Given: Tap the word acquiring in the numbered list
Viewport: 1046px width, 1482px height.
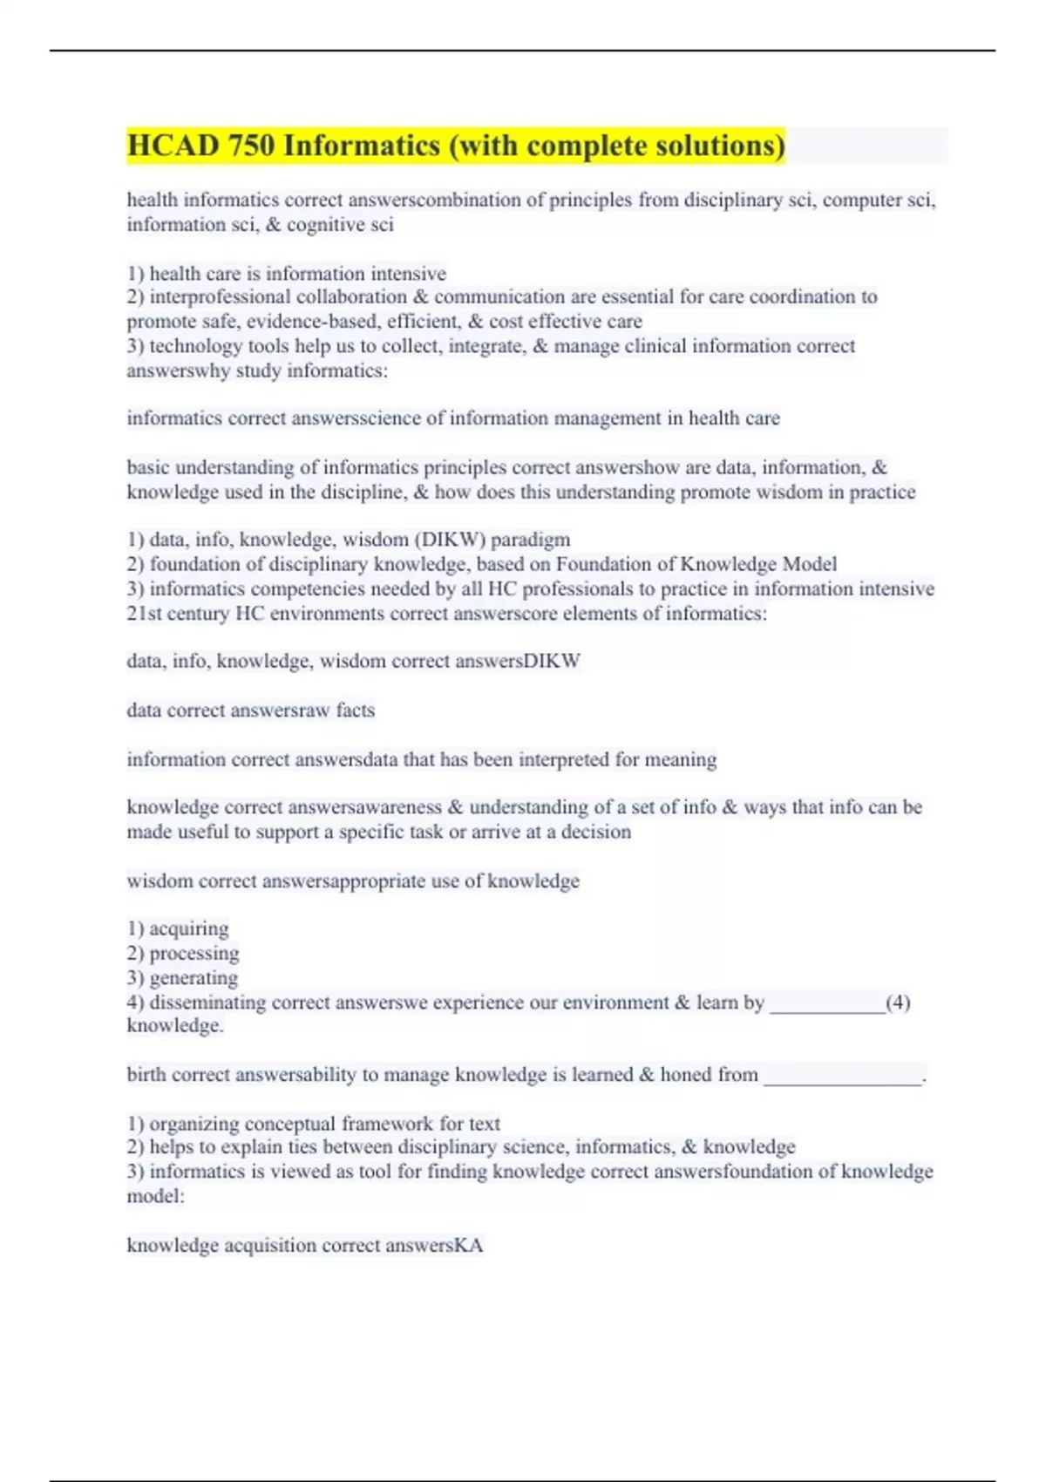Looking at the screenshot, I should click(189, 928).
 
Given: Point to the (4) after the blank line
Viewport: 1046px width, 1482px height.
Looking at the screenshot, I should click(898, 1003).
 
